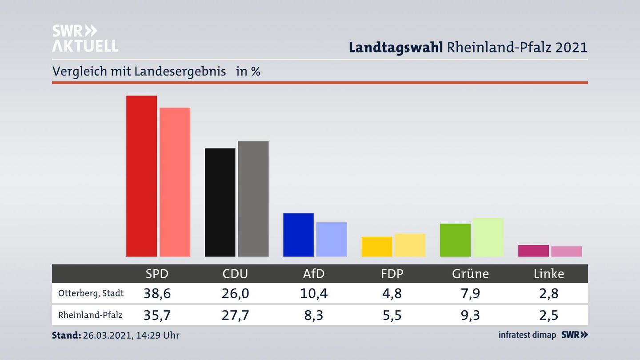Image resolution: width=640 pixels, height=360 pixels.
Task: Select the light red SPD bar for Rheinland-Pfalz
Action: pyautogui.click(x=175, y=182)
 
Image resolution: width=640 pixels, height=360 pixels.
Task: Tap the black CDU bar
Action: pyautogui.click(x=220, y=202)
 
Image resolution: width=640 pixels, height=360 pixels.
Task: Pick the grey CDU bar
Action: pyautogui.click(x=253, y=199)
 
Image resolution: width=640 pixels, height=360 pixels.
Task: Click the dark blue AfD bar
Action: pyautogui.click(x=298, y=235)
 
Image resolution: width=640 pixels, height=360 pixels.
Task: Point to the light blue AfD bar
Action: pyautogui.click(x=332, y=239)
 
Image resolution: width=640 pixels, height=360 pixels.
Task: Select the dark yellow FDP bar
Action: pyautogui.click(x=377, y=247)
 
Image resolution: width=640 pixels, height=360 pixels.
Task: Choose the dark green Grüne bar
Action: pyautogui.click(x=455, y=240)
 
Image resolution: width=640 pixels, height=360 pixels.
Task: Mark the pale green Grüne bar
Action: pyautogui.click(x=488, y=237)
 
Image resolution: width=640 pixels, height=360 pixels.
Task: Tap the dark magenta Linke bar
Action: pyautogui.click(x=533, y=251)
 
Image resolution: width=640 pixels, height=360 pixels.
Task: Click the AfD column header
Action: pyautogui.click(x=314, y=274)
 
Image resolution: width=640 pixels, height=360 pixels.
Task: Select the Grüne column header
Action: pyautogui.click(x=470, y=274)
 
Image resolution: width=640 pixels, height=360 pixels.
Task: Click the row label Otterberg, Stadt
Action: pyautogui.click(x=91, y=293)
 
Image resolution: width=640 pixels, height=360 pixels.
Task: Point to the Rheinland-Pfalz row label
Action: pyautogui.click(x=90, y=315)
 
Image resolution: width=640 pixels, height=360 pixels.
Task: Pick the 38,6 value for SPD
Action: pyautogui.click(x=157, y=293)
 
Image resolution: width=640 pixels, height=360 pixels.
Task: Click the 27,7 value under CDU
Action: pyautogui.click(x=235, y=315)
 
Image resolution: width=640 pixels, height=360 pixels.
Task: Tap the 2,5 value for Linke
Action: pyautogui.click(x=549, y=315)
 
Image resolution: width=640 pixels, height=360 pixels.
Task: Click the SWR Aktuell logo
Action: pyautogui.click(x=85, y=38)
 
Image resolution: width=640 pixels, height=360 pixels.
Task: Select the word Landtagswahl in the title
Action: pyautogui.click(x=396, y=48)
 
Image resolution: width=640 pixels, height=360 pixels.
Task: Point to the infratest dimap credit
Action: pyautogui.click(x=527, y=335)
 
